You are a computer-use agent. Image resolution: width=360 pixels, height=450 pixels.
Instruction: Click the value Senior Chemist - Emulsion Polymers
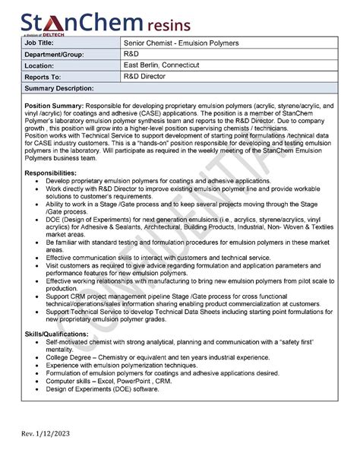tap(181, 43)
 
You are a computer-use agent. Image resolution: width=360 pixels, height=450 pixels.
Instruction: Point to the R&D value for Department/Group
tap(131, 55)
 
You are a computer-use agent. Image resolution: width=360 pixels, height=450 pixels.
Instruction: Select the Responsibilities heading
tap(51, 173)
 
